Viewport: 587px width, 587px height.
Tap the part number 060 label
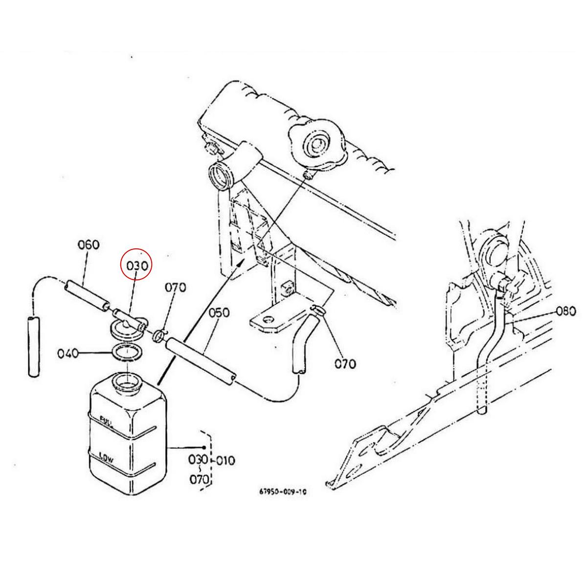tap(89, 245)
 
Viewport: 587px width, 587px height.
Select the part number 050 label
tap(219, 313)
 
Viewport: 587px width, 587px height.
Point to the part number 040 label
tap(68, 353)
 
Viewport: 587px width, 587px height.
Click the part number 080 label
tap(566, 312)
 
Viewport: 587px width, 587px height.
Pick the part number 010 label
tap(225, 460)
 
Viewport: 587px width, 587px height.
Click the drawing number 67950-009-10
tap(284, 493)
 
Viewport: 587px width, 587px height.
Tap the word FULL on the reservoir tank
tap(107, 420)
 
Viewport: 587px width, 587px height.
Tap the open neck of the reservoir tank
tap(127, 382)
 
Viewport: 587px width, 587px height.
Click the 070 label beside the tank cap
tap(175, 287)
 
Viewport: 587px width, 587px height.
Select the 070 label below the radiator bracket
tap(346, 363)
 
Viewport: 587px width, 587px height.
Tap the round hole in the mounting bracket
tap(267, 319)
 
